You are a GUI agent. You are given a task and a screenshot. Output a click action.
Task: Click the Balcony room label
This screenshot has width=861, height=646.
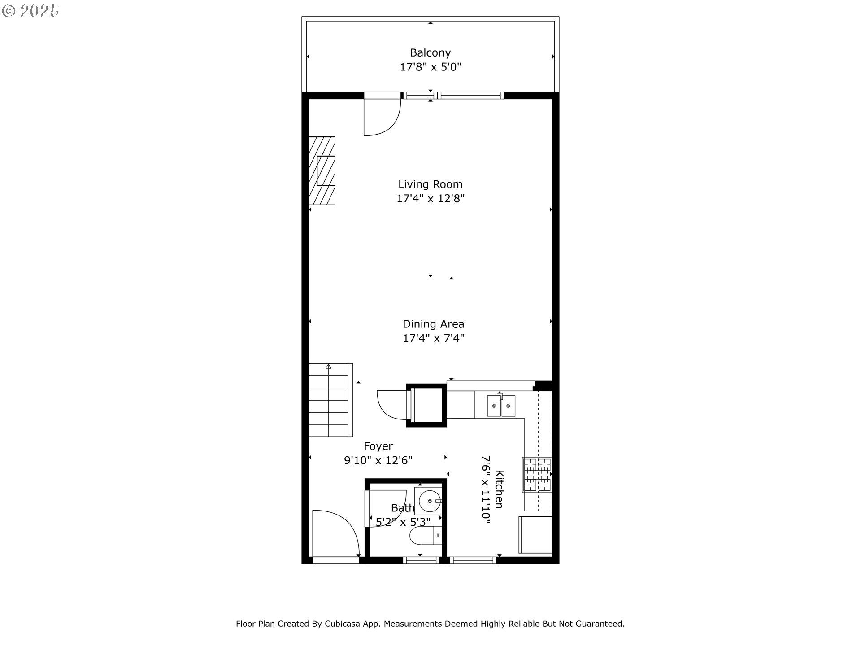(x=430, y=53)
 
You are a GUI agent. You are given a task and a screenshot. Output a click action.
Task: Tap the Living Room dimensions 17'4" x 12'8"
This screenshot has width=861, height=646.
(x=430, y=198)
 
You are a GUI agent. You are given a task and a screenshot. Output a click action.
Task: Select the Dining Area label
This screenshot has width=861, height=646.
(x=433, y=324)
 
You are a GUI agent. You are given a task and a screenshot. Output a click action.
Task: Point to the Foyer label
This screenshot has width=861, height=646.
(x=378, y=446)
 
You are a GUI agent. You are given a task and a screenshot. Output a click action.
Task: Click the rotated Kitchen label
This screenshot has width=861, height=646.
(x=499, y=489)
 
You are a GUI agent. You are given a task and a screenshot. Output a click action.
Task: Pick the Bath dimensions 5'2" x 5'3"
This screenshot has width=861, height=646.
(x=403, y=522)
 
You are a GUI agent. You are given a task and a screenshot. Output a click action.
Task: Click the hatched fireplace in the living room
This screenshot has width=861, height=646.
(x=322, y=171)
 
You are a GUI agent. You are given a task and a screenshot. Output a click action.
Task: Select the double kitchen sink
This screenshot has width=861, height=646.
(x=501, y=406)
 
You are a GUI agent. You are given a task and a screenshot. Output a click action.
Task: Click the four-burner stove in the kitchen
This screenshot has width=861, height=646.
(x=537, y=474)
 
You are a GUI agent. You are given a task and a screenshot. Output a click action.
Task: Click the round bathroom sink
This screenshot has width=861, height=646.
(x=428, y=501)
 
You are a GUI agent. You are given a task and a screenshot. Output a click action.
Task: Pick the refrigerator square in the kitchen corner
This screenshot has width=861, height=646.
(x=535, y=534)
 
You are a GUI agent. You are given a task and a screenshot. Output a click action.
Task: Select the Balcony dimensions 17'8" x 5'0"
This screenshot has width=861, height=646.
(x=430, y=67)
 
